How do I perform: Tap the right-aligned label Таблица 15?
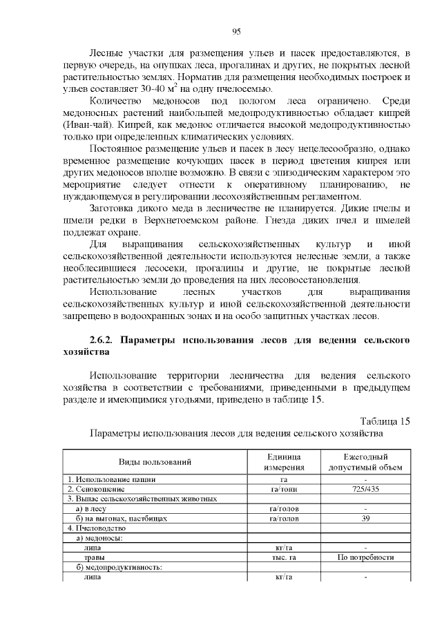click(385, 421)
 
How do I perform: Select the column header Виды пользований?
click(155, 462)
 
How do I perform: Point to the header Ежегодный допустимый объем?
click(365, 462)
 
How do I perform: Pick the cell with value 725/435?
click(365, 489)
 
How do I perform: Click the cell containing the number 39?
click(365, 518)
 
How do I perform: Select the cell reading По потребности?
click(365, 557)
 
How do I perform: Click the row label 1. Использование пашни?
click(111, 479)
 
